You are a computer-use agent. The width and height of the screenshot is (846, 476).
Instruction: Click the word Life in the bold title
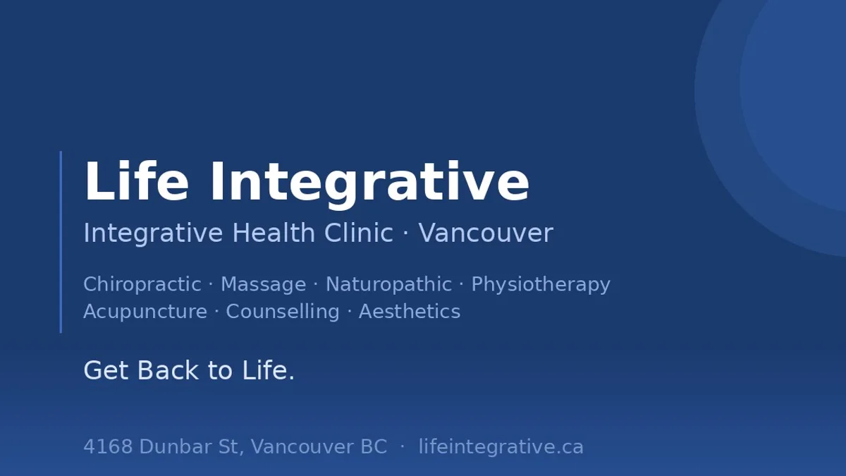click(136, 181)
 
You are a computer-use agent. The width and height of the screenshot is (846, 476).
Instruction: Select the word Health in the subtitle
click(274, 232)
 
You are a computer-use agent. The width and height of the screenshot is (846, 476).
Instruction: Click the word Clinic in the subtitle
click(358, 232)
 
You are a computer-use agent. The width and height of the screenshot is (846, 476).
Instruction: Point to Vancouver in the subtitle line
click(486, 233)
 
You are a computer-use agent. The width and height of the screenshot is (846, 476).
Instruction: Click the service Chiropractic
click(142, 284)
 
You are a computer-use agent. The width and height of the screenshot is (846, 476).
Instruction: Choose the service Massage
click(263, 284)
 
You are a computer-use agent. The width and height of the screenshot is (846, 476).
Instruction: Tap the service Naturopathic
click(388, 284)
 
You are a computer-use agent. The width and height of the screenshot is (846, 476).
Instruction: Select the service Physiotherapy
click(541, 284)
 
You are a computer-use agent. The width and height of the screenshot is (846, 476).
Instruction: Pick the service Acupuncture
click(145, 312)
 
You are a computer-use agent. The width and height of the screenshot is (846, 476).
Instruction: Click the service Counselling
click(283, 312)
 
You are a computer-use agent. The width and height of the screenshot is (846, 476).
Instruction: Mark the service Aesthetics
click(410, 312)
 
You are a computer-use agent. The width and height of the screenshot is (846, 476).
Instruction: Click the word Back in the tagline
click(168, 370)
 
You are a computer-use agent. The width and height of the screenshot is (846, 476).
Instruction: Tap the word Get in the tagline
click(106, 370)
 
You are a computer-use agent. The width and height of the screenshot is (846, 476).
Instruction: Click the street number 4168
click(108, 446)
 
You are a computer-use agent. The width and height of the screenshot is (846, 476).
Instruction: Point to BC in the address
click(374, 446)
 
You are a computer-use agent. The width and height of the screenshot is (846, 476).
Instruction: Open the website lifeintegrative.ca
click(501, 447)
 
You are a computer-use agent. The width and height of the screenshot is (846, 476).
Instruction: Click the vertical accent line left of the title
click(61, 242)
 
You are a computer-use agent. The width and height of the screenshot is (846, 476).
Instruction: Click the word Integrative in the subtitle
click(153, 233)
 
